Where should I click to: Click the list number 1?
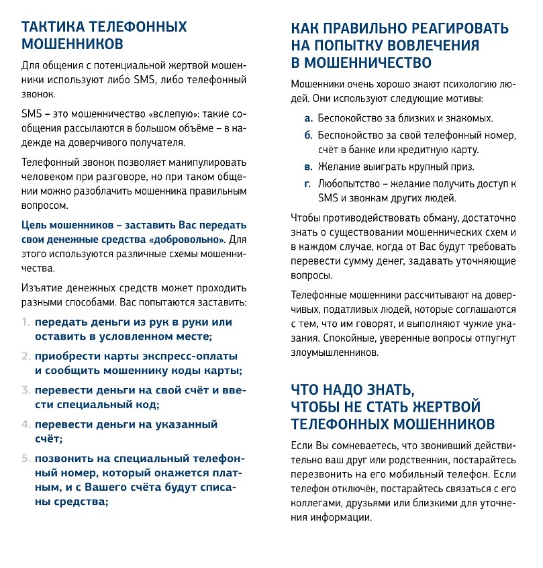(x=26, y=322)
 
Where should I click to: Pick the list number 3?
(x=26, y=390)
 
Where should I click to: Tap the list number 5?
(x=26, y=459)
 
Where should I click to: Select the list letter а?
(x=308, y=118)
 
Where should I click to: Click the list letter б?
(x=308, y=135)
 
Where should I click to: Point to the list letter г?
(x=307, y=183)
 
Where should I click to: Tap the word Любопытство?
(x=345, y=183)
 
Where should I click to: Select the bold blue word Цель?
(x=35, y=225)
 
